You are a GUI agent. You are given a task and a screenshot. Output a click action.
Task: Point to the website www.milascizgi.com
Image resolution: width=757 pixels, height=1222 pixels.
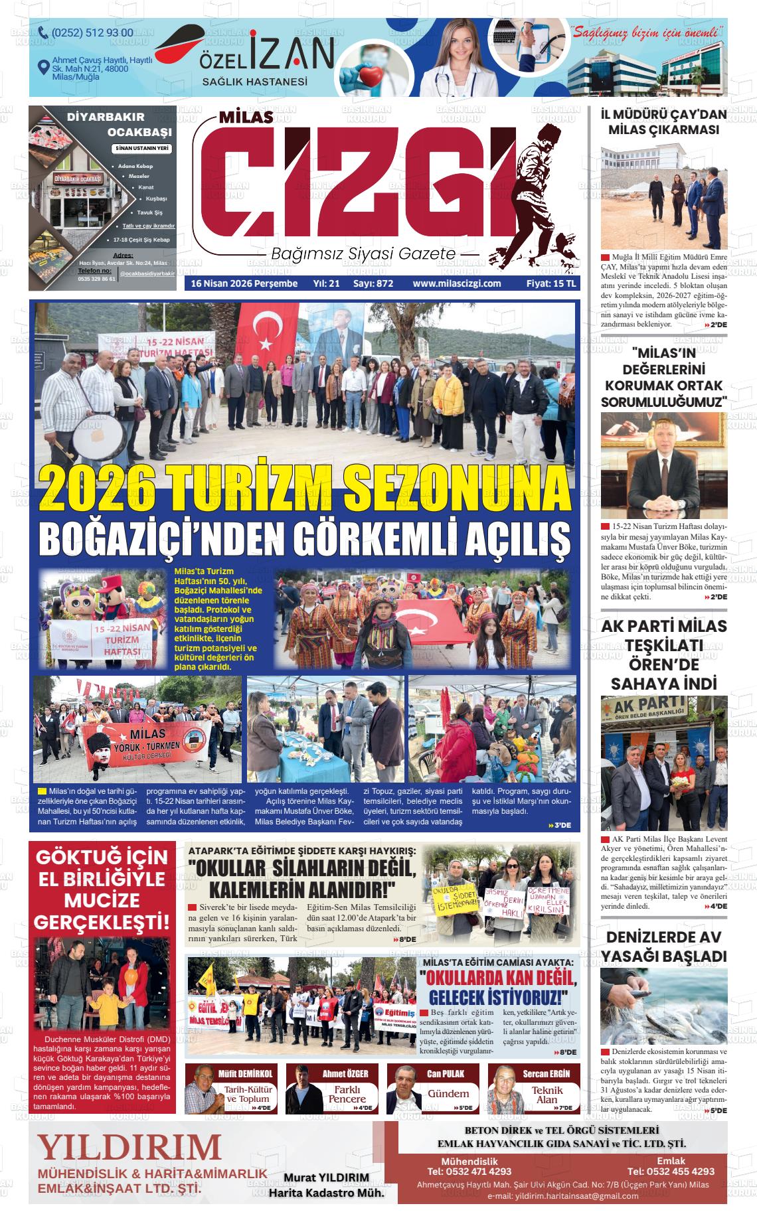pyautogui.click(x=456, y=283)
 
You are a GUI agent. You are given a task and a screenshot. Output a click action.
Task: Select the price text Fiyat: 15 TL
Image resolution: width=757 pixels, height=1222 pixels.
pyautogui.click(x=551, y=283)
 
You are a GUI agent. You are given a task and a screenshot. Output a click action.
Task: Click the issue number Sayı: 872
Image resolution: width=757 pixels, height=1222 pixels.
pyautogui.click(x=373, y=283)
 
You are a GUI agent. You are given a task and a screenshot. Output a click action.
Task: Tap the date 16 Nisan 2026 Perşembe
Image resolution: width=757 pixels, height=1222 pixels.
pyautogui.click(x=244, y=283)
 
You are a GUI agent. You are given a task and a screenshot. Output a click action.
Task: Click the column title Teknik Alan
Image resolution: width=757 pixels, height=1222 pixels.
pyautogui.click(x=547, y=1095)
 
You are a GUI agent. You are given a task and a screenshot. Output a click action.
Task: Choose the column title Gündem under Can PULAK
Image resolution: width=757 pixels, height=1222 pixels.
pyautogui.click(x=448, y=1093)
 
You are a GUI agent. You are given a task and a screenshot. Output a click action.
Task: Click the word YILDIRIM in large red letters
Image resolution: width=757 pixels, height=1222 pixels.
pyautogui.click(x=129, y=1146)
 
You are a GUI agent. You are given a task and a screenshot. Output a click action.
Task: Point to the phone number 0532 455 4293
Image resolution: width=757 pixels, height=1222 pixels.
pyautogui.click(x=671, y=1172)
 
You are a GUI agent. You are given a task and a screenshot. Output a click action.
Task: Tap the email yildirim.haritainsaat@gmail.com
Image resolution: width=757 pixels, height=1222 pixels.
pyautogui.click(x=562, y=1196)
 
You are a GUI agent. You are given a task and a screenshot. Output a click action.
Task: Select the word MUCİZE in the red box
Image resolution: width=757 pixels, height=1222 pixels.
pyautogui.click(x=102, y=900)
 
